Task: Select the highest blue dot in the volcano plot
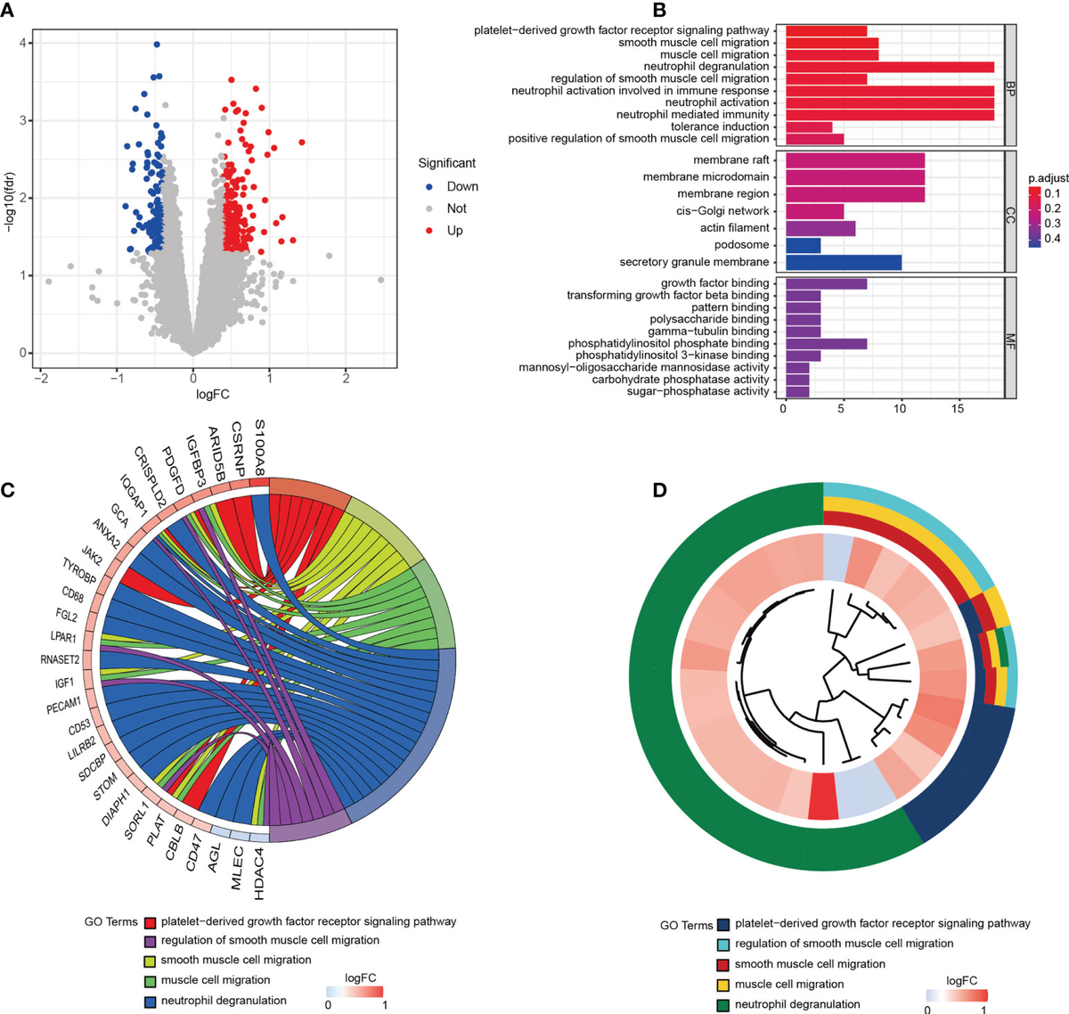pos(157,44)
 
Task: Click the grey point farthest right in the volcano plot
pos(381,280)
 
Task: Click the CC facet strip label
pos(1011,211)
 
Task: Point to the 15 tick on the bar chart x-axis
pos(958,409)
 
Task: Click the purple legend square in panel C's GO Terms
pos(151,940)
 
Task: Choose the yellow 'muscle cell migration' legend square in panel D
pos(724,984)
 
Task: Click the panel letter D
pos(658,491)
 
